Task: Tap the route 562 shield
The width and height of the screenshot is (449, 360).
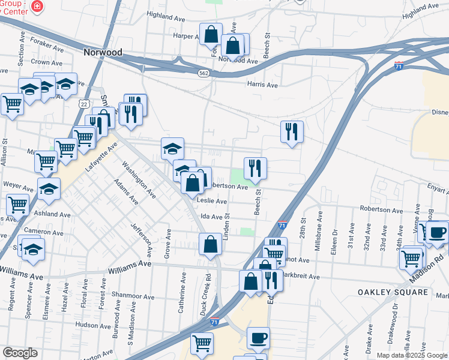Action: [x=203, y=73]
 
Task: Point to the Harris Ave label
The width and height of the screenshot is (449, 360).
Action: [x=263, y=85]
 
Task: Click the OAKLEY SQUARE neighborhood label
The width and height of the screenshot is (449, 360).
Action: [x=393, y=292]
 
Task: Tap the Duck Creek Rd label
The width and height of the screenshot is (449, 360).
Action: [x=208, y=293]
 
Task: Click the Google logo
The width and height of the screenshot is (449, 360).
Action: [x=20, y=353]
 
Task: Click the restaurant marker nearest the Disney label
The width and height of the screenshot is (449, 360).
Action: [x=292, y=131]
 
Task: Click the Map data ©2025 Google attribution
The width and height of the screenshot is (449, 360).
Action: [x=412, y=355]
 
